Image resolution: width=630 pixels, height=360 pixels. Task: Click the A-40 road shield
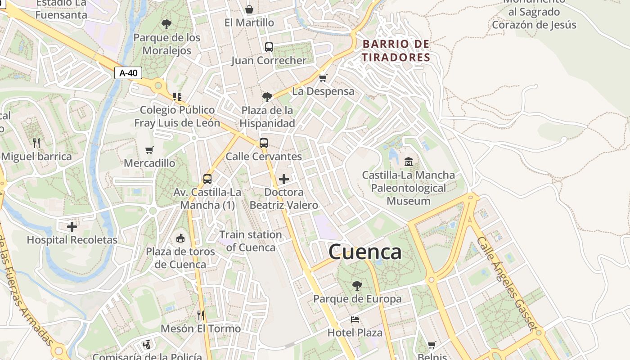[128, 73]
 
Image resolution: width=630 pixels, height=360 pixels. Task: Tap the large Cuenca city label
[365, 252]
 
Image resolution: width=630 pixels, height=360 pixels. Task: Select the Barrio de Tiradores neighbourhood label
[396, 51]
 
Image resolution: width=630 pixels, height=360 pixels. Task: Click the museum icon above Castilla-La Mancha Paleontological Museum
[409, 161]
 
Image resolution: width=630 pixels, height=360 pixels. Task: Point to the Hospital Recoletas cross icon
[72, 226]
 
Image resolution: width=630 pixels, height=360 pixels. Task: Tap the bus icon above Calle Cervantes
[264, 143]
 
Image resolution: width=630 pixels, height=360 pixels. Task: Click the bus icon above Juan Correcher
[269, 47]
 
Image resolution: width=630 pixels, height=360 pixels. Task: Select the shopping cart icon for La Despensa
[323, 78]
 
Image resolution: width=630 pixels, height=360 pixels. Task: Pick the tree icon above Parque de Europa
[357, 285]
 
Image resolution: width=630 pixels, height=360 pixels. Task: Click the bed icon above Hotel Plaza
[355, 319]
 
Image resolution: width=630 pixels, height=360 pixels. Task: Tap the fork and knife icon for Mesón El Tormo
[201, 315]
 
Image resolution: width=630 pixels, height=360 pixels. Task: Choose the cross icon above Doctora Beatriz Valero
[284, 179]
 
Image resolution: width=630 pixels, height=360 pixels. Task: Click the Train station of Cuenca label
[251, 241]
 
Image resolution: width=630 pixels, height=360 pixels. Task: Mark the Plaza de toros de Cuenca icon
[180, 238]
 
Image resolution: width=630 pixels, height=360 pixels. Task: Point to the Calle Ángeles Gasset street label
[507, 283]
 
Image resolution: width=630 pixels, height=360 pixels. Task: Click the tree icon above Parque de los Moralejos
[166, 24]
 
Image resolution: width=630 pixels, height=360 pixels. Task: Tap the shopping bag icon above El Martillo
[249, 9]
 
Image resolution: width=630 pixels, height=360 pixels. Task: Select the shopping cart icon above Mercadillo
[149, 150]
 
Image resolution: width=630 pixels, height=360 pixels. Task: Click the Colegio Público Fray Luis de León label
[177, 116]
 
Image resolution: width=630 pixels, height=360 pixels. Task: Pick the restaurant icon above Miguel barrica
[36, 143]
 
